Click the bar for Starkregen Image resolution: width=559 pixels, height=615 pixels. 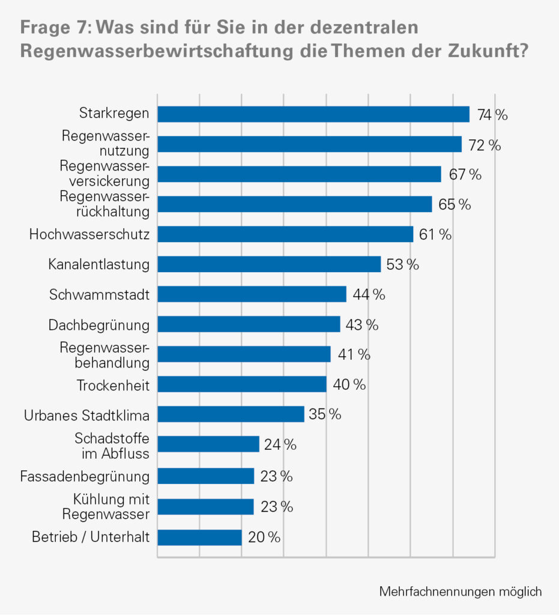click(313, 114)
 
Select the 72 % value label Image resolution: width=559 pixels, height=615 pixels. click(485, 145)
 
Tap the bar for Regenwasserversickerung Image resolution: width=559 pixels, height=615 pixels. click(299, 174)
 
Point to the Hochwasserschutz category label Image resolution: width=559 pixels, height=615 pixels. click(89, 234)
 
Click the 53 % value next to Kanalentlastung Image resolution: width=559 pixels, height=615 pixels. click(403, 265)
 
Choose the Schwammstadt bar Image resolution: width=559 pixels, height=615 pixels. click(252, 294)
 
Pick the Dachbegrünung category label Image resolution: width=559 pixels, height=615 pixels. click(98, 325)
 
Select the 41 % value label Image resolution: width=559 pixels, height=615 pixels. click(354, 355)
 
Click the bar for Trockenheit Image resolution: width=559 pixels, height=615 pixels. click(241, 384)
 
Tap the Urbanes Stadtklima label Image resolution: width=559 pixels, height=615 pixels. click(86, 415)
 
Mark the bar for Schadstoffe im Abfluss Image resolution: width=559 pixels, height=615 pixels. click(208, 444)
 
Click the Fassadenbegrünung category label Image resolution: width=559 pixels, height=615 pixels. click(85, 477)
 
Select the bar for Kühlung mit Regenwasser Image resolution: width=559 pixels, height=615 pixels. click(205, 507)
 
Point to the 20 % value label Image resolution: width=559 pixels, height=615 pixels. click(264, 538)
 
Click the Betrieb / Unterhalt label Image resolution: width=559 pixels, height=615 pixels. click(91, 537)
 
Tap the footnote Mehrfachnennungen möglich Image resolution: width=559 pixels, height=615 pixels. click(460, 592)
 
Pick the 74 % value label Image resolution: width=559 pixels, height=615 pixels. click(492, 115)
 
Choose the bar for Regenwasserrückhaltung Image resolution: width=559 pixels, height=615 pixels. click(294, 204)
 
